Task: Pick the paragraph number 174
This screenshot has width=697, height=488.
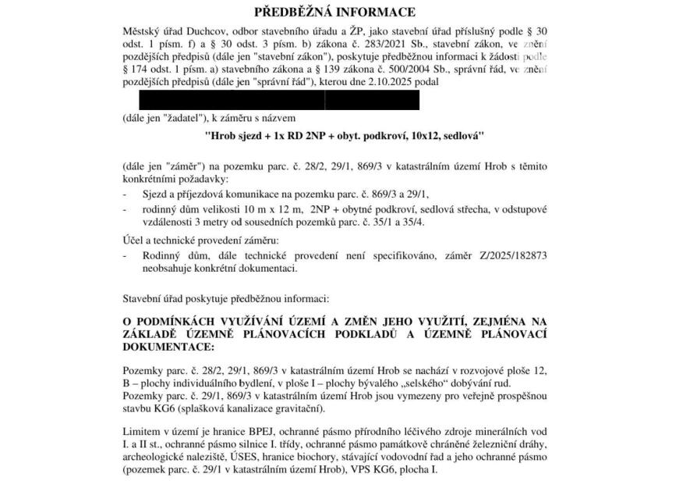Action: coord(144,69)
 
